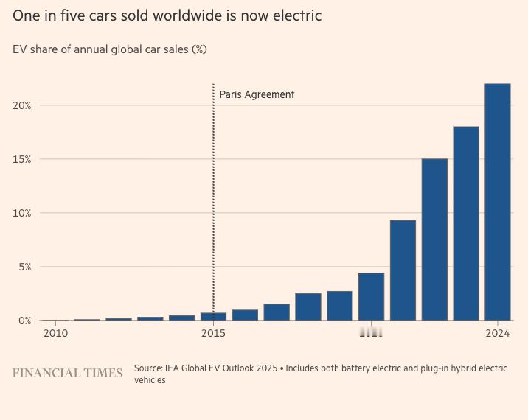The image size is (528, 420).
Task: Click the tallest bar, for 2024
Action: coord(498,202)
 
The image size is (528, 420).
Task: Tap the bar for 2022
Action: coord(434,239)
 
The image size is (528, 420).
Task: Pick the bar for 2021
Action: coord(403,270)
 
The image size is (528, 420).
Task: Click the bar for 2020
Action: coord(371,296)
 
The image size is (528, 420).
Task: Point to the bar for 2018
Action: coord(308,307)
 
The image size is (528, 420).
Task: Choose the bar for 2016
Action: coord(245,315)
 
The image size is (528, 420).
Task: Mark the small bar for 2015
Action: coord(214,316)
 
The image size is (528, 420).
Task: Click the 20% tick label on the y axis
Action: coord(21,105)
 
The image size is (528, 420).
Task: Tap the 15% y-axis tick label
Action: coord(21,159)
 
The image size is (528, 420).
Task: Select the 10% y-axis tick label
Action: coord(21,213)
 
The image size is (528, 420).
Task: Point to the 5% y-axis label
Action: coord(24,267)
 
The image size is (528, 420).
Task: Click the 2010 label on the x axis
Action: coord(55,334)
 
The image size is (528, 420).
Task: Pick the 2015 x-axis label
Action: coord(214,334)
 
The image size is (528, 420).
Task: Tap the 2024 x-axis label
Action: coord(498,334)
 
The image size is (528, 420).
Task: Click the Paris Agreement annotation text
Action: coord(257,94)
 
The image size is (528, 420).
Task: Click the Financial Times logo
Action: coord(67,373)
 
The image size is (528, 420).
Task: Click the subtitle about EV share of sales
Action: coord(110,49)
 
